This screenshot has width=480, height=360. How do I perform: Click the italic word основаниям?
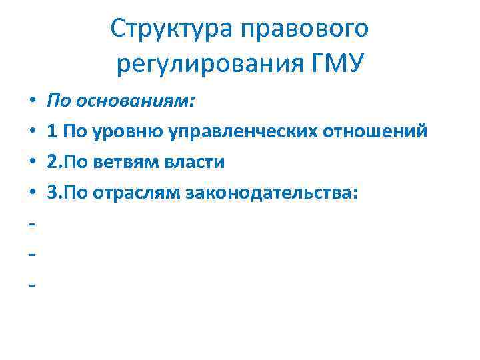[137, 101]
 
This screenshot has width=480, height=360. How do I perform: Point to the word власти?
[201, 163]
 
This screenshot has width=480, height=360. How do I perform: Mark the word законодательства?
[273, 193]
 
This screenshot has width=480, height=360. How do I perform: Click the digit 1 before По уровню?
[51, 132]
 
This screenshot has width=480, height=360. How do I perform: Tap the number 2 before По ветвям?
[52, 163]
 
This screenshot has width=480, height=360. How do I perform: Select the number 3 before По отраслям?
[52, 193]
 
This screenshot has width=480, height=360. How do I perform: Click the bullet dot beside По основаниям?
[32, 102]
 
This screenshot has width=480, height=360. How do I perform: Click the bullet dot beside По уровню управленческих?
[32, 133]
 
